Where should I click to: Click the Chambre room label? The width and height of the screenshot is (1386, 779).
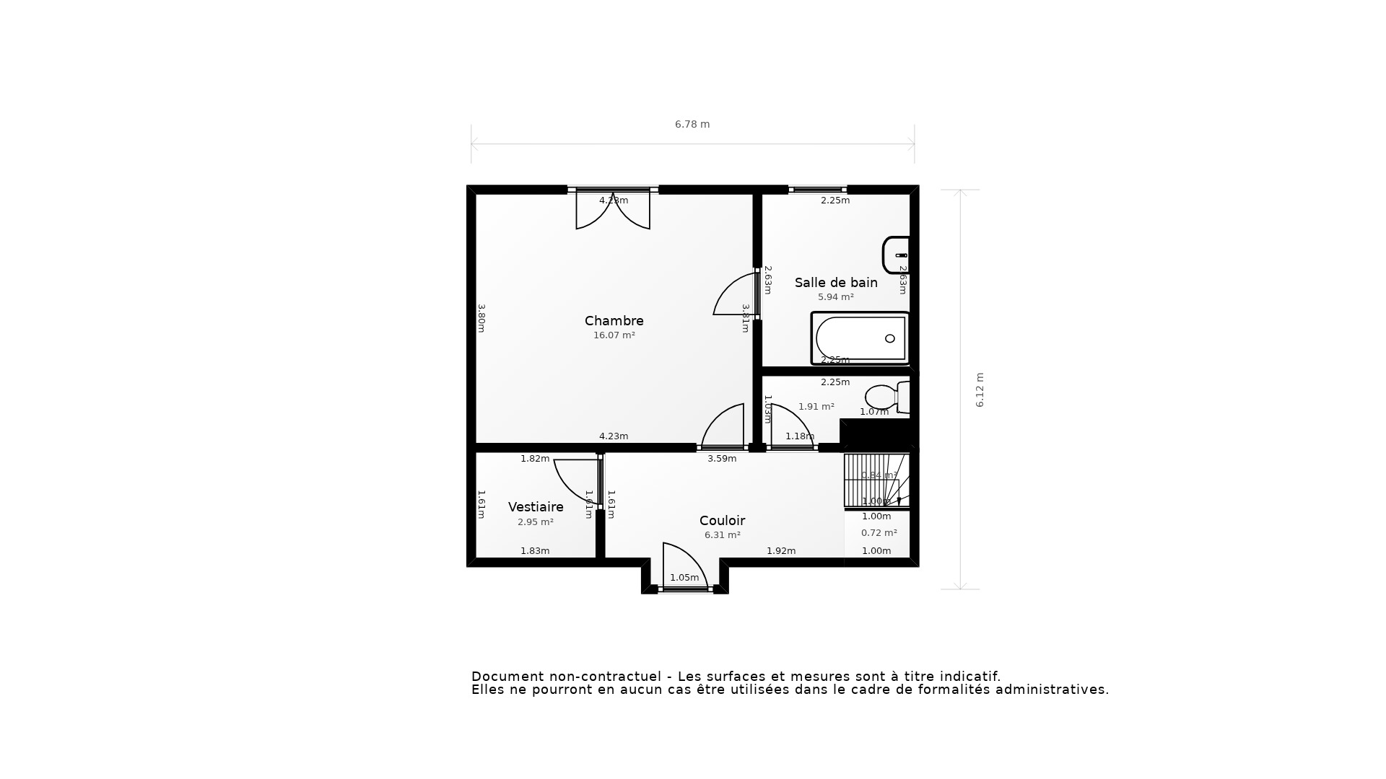click(614, 321)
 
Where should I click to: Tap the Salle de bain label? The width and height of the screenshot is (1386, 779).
click(836, 283)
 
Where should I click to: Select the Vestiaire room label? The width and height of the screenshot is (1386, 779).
click(536, 507)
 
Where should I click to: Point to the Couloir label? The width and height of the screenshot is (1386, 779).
click(722, 521)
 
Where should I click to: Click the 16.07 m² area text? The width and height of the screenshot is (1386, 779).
click(614, 335)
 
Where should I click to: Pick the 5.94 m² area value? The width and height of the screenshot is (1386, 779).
click(835, 297)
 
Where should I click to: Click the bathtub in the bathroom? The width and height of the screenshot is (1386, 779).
click(860, 338)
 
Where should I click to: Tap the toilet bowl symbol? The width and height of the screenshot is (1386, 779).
click(882, 397)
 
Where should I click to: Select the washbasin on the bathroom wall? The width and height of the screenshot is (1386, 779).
click(895, 255)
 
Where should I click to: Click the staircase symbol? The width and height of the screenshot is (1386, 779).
click(876, 480)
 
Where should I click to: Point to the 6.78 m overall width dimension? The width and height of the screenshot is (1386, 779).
click(692, 125)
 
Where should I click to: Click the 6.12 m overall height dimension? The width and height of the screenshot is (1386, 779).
click(980, 389)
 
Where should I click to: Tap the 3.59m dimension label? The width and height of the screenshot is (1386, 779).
click(722, 459)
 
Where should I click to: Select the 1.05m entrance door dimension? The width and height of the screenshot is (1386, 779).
click(684, 578)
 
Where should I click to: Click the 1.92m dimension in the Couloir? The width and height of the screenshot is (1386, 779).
click(781, 551)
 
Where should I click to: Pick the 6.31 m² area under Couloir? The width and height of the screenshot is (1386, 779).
click(722, 535)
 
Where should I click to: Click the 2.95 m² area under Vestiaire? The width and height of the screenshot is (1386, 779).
click(536, 522)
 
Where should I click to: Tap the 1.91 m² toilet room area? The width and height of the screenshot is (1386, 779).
click(816, 407)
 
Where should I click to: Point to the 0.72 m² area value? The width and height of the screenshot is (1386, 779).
click(879, 533)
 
